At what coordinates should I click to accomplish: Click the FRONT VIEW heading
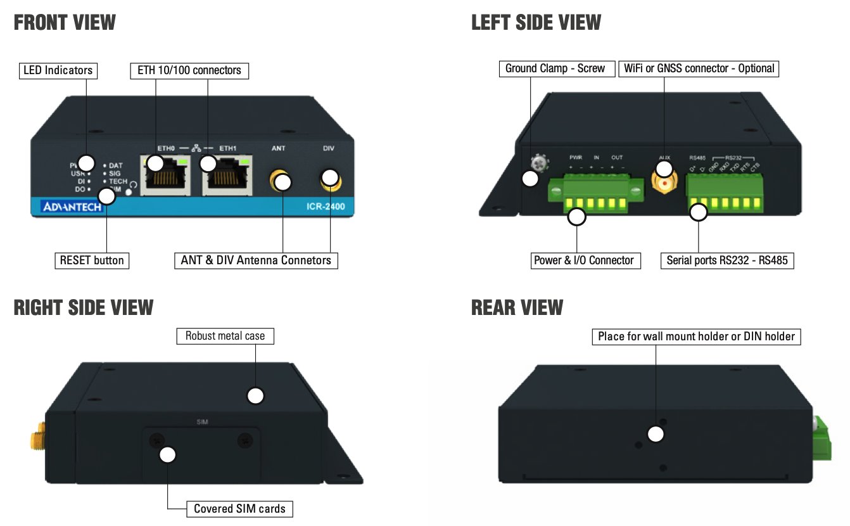click(65, 23)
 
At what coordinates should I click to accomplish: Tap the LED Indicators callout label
click(58, 70)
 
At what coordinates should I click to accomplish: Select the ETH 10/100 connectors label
click(189, 70)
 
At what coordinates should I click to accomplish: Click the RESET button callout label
click(92, 260)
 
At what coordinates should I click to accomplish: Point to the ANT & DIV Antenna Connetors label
click(255, 260)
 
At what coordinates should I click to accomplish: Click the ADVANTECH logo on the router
click(72, 207)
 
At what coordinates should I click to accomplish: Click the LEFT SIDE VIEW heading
click(536, 23)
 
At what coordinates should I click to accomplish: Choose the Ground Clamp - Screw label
click(555, 68)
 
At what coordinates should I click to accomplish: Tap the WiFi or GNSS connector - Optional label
click(699, 68)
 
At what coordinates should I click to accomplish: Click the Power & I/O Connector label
click(584, 260)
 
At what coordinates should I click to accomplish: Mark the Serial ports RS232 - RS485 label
click(727, 260)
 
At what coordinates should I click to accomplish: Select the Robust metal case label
click(225, 336)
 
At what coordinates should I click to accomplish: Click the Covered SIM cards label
click(239, 508)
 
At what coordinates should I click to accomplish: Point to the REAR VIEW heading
click(517, 308)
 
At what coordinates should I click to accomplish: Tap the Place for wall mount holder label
click(696, 337)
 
